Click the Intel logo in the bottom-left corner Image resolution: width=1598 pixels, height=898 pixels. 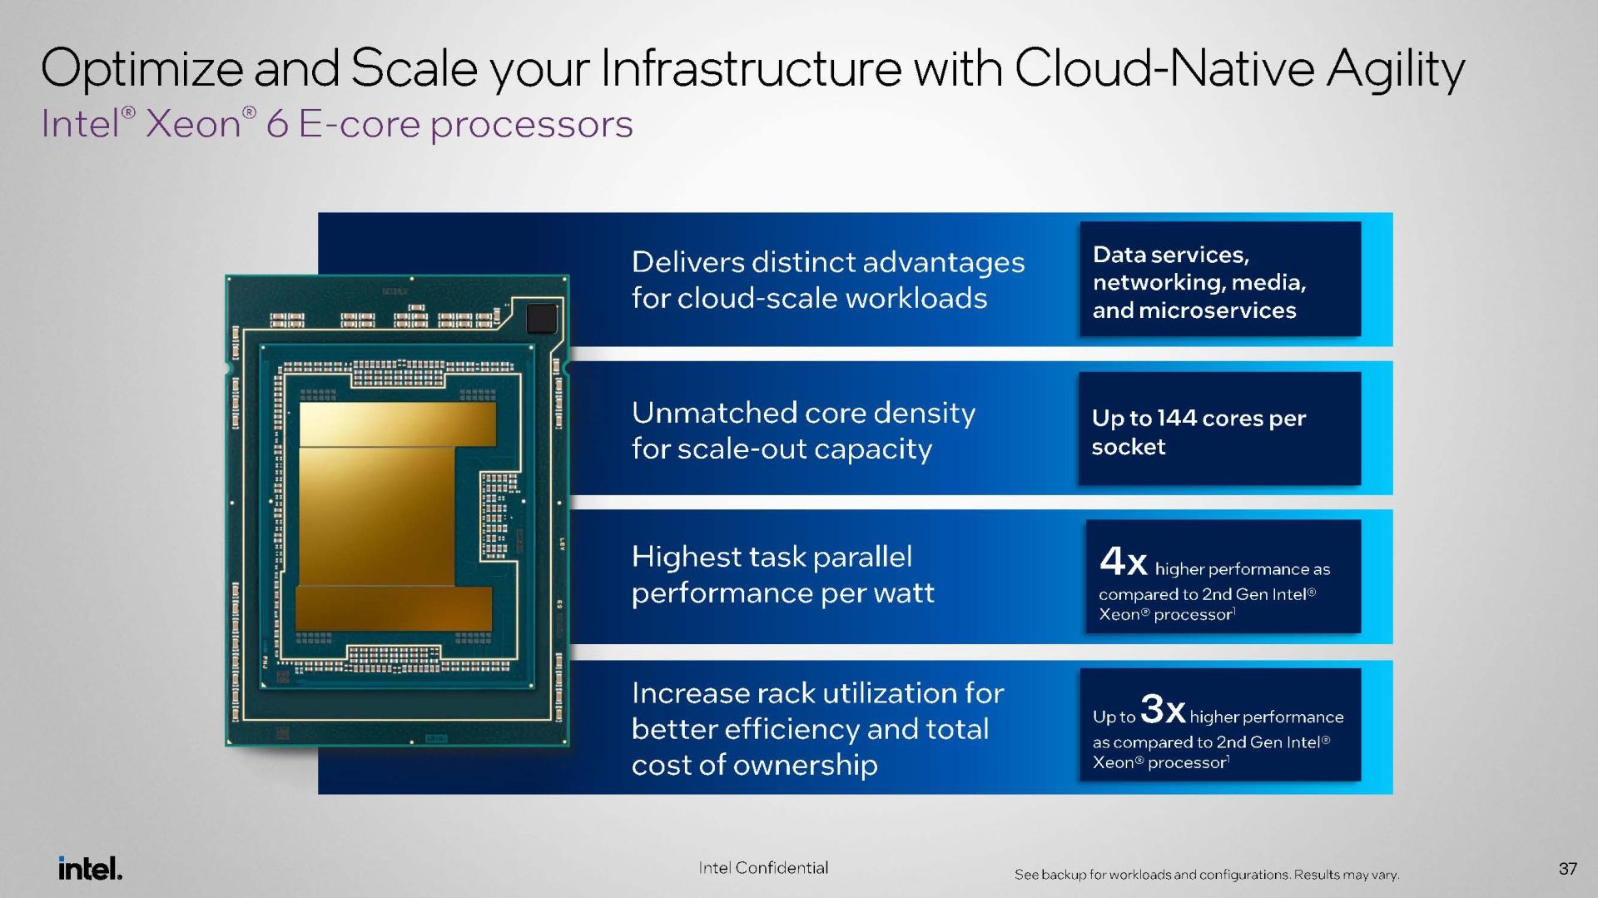[x=90, y=868]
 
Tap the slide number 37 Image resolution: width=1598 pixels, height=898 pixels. [x=1568, y=869]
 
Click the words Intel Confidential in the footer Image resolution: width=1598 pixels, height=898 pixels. [x=763, y=868]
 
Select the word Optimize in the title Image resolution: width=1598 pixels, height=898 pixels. [x=141, y=69]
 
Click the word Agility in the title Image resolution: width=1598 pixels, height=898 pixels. [x=1396, y=70]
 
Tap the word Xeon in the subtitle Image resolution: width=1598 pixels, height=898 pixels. [x=194, y=124]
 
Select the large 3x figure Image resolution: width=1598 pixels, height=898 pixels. [x=1163, y=709]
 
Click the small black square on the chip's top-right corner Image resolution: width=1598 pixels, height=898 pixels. [x=542, y=318]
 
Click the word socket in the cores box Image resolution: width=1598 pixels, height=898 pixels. [x=1129, y=447]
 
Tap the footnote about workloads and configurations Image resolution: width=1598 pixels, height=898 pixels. [x=1207, y=875]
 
